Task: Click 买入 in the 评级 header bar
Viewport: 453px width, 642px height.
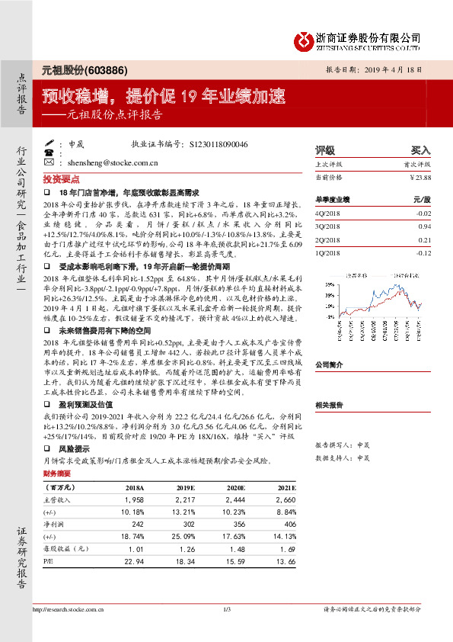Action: [x=420, y=151]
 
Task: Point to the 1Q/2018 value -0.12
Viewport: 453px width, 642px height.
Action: [x=423, y=252]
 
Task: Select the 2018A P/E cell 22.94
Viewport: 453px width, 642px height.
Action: [x=134, y=563]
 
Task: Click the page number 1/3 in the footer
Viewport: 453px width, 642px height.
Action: [x=226, y=608]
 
